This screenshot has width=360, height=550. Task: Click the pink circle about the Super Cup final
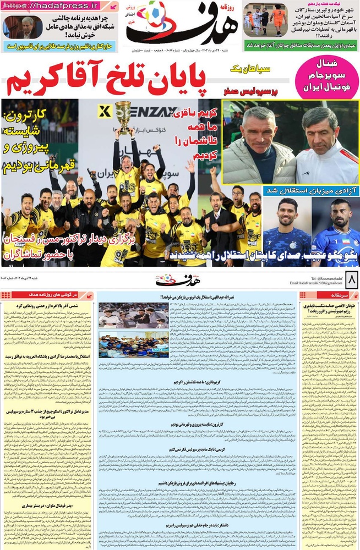click(326, 76)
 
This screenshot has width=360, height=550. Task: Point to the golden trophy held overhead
click(124, 116)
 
